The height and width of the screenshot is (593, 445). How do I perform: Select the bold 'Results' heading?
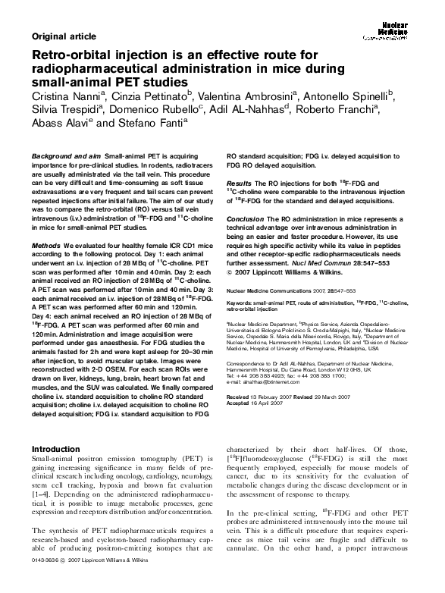click(239, 184)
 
